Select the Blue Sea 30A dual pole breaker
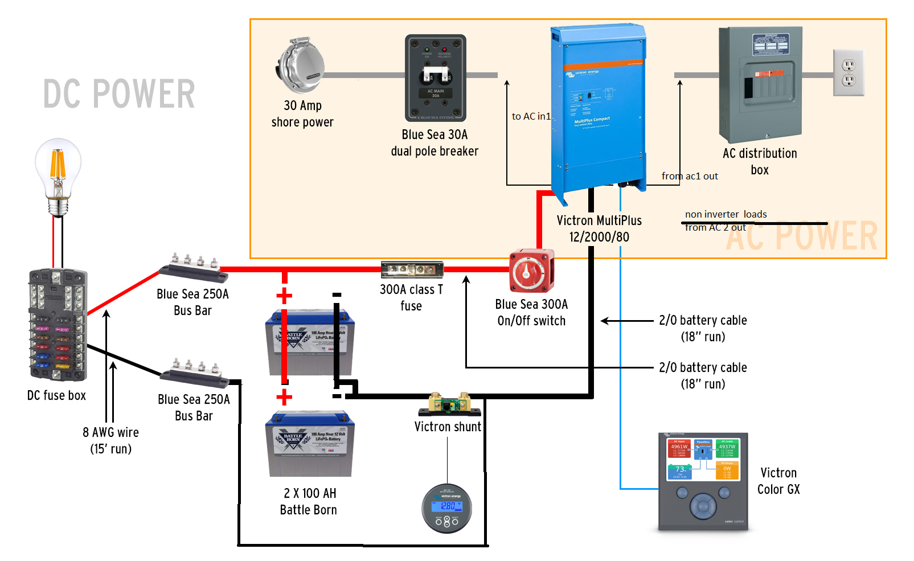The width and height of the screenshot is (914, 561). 436,78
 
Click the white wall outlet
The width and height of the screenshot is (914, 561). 849,72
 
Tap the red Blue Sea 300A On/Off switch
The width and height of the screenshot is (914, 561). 531,271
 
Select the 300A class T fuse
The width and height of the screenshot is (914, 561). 412,269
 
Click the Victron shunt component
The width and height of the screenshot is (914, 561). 449,405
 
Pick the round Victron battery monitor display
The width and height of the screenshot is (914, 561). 447,508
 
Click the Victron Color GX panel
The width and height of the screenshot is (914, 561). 703,481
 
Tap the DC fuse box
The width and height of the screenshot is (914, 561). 58,325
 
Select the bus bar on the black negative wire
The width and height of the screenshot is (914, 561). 195,374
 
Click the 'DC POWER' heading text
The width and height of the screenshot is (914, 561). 119,94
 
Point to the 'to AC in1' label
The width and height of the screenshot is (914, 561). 531,116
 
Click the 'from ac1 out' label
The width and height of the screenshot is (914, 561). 690,176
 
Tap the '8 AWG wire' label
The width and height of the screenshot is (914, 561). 110,432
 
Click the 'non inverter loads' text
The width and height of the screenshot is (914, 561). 726,214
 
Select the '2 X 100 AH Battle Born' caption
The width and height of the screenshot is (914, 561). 309,501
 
